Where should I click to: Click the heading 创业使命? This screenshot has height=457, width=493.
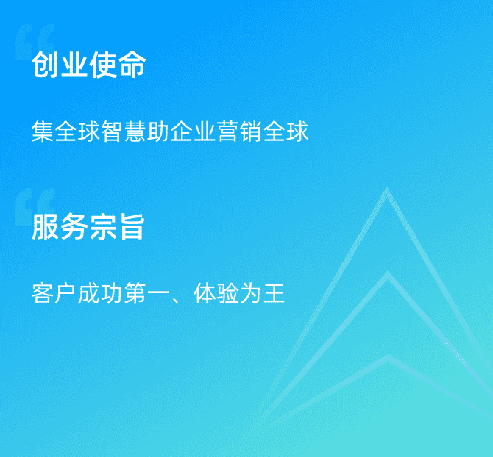tap(88, 65)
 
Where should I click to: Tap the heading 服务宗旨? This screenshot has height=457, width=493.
tap(88, 226)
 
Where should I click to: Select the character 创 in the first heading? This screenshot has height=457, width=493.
tap(46, 65)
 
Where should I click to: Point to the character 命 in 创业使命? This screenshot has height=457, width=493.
tap(132, 65)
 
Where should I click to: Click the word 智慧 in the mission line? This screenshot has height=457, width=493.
tap(124, 131)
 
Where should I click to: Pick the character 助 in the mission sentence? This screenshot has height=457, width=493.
tap(158, 131)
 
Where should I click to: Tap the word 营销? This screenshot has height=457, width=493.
tap(240, 131)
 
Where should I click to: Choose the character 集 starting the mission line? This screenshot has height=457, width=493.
tap(43, 131)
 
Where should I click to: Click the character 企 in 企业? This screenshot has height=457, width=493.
tap(182, 131)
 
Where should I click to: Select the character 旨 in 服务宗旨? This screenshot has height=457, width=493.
tap(132, 226)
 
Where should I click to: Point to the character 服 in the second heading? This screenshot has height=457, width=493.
tap(45, 226)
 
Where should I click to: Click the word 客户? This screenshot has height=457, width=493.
tap(54, 293)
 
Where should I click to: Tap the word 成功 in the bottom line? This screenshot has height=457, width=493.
tap(100, 293)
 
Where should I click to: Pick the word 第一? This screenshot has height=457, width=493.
tap(146, 293)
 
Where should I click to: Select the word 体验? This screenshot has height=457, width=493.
tap(216, 293)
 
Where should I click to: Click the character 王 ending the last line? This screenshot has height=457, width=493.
tap(274, 293)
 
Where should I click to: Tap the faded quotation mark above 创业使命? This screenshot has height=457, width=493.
tap(35, 41)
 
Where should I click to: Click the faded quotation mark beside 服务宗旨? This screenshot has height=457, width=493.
tap(35, 206)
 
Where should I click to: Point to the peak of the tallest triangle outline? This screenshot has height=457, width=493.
tap(387, 189)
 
